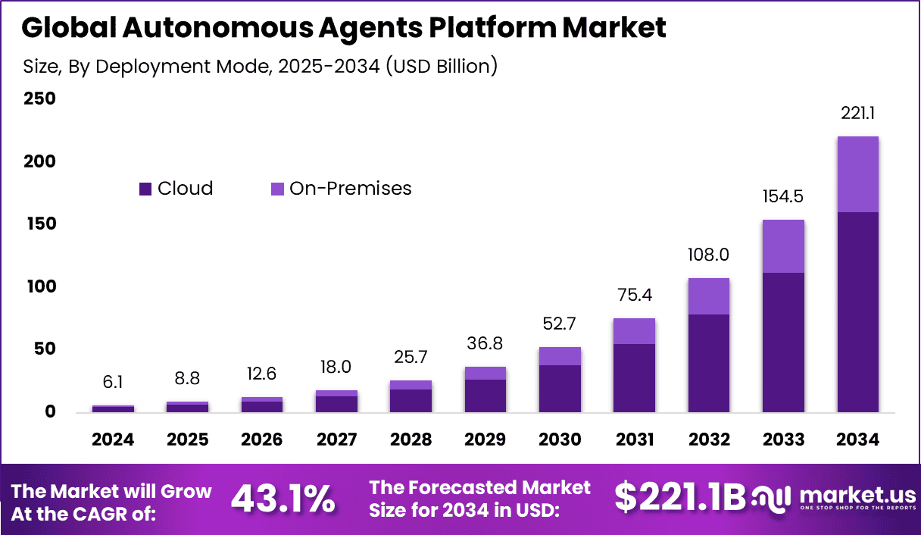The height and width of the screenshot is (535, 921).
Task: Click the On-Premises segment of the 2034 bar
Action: coord(857,174)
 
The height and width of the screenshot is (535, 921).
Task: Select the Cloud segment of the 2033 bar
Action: coord(783,343)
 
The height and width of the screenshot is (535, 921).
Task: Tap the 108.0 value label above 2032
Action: coord(709,254)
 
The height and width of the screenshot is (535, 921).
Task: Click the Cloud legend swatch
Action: coord(145,189)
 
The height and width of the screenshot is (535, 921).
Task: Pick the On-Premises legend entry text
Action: coord(350,189)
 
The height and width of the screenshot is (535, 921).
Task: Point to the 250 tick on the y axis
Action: coord(39,99)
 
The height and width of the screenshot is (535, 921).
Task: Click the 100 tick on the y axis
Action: coord(39,286)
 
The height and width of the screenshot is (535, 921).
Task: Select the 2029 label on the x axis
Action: coord(485,440)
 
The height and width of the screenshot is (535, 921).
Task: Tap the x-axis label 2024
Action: coord(114,440)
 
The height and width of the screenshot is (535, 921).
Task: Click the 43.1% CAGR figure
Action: coord(283,499)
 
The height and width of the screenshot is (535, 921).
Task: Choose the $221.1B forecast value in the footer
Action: coord(679,498)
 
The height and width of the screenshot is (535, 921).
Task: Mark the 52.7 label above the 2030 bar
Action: coord(560,324)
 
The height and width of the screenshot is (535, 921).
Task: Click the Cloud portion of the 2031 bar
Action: coord(634,378)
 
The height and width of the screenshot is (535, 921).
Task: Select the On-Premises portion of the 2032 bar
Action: coord(709,296)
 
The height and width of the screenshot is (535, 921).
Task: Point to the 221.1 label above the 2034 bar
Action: coord(857,114)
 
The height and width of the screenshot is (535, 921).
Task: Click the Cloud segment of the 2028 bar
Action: coord(411,401)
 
